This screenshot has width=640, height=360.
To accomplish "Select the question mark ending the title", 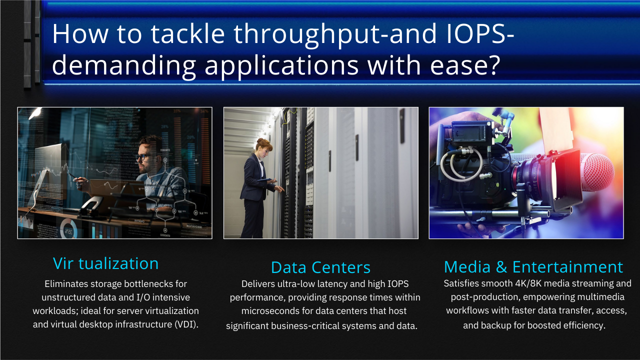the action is click(493, 64).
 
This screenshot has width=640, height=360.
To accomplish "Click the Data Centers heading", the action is click(320, 267).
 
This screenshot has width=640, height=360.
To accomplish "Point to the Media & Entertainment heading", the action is click(533, 267).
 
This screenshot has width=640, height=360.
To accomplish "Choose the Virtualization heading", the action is click(105, 263).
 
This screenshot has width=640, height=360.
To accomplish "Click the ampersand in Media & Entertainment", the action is click(501, 267).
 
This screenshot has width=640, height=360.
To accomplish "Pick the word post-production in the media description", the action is click(484, 297).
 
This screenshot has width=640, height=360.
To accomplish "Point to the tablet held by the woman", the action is click(265, 179).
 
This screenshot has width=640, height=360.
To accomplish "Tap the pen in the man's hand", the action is click(71, 175).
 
